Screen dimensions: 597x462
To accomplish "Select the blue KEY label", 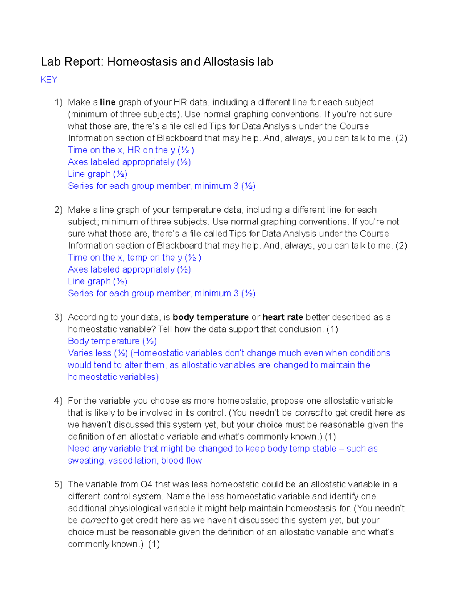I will click(x=49, y=80).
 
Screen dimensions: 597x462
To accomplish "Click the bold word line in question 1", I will click(x=108, y=102).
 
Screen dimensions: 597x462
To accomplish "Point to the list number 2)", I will click(x=58, y=210).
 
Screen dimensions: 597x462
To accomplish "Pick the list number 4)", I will click(x=58, y=401).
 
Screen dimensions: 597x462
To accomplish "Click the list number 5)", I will click(x=58, y=484).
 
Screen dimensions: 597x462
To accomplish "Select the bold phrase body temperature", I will click(x=211, y=317).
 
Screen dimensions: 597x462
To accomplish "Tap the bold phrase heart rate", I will click(x=283, y=317).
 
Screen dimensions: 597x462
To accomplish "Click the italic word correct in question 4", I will click(x=309, y=413).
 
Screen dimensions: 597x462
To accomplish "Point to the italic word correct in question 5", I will click(x=95, y=520).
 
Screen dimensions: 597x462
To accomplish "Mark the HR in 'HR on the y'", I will click(x=134, y=150).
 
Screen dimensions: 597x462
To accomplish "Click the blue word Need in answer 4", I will click(x=78, y=449).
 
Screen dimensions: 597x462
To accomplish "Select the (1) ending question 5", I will click(x=154, y=544).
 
